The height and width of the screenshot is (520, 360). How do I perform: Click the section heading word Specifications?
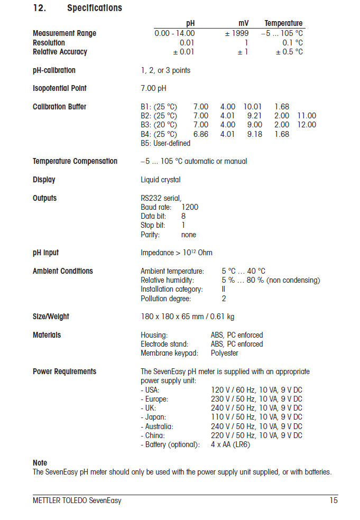click(x=95, y=8)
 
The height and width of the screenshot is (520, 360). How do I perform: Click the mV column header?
click(x=243, y=23)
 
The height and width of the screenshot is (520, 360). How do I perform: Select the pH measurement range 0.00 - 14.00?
click(x=174, y=33)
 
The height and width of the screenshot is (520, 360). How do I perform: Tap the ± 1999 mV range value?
click(x=236, y=33)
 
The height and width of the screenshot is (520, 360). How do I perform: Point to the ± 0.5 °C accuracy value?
click(x=289, y=52)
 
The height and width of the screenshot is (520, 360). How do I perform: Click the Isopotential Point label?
click(x=60, y=88)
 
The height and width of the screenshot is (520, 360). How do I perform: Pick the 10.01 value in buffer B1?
click(x=253, y=107)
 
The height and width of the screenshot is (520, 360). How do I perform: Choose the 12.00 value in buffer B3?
click(x=307, y=125)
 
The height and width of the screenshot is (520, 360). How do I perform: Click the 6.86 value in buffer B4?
click(x=201, y=134)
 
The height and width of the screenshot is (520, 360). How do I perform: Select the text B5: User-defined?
click(x=165, y=143)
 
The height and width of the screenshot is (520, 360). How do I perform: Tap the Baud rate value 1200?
click(x=190, y=207)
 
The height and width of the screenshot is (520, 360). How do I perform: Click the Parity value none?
click(x=189, y=235)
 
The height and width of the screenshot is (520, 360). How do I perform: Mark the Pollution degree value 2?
click(x=224, y=299)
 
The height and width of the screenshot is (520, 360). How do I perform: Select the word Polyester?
click(x=225, y=353)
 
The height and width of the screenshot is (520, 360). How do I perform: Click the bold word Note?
click(x=40, y=463)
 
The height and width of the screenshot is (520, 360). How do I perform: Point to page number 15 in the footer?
click(x=333, y=500)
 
